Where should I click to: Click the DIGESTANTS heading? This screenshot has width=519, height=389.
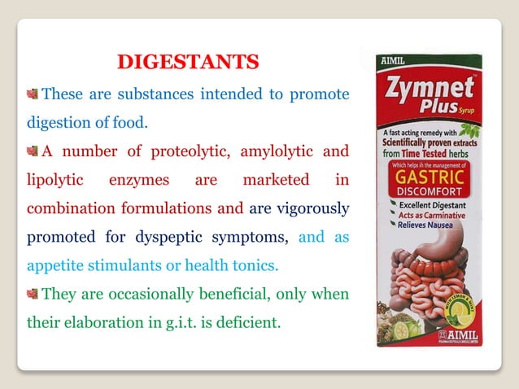(189, 62)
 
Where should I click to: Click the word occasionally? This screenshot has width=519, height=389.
(155, 294)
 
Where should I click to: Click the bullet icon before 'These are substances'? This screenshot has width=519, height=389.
(33, 94)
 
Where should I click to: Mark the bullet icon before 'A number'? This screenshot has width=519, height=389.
(33, 151)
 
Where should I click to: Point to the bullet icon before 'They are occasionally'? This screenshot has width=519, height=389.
(33, 294)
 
